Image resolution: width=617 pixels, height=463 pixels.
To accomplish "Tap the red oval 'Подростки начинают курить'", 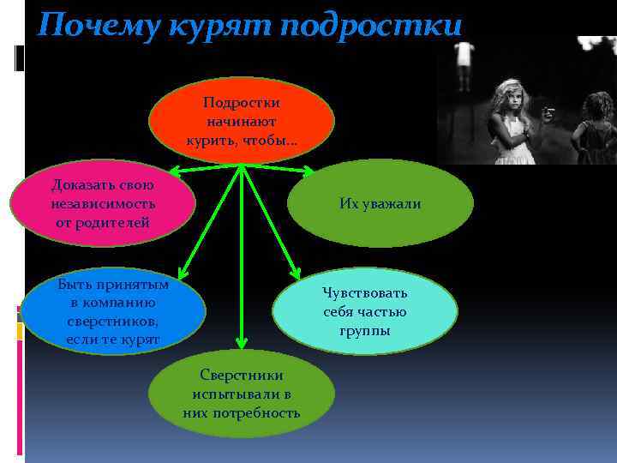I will (x=241, y=121).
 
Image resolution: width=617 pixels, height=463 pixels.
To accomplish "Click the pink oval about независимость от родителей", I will (x=102, y=203).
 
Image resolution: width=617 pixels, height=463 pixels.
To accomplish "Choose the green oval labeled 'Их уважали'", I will (x=380, y=203).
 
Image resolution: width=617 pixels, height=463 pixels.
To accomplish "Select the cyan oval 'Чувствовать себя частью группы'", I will (x=365, y=311).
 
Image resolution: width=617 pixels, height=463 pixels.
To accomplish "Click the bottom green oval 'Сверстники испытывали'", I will (x=241, y=394).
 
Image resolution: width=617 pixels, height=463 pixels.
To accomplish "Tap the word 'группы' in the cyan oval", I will (x=365, y=331).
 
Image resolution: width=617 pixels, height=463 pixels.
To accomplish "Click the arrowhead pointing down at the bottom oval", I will (x=242, y=346).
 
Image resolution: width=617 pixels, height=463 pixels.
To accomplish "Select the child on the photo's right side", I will (x=596, y=124).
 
